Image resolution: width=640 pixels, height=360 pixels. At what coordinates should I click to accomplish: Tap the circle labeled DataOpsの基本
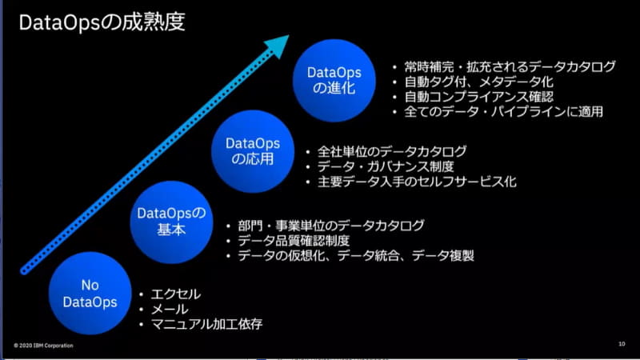[171, 221]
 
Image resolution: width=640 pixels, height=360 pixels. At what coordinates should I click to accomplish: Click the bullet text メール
[170, 309]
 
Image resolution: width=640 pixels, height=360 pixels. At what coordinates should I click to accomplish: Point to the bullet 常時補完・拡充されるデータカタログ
[503, 66]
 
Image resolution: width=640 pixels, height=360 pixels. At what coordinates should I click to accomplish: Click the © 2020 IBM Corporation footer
[44, 346]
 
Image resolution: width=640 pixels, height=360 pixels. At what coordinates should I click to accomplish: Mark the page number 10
[622, 345]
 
